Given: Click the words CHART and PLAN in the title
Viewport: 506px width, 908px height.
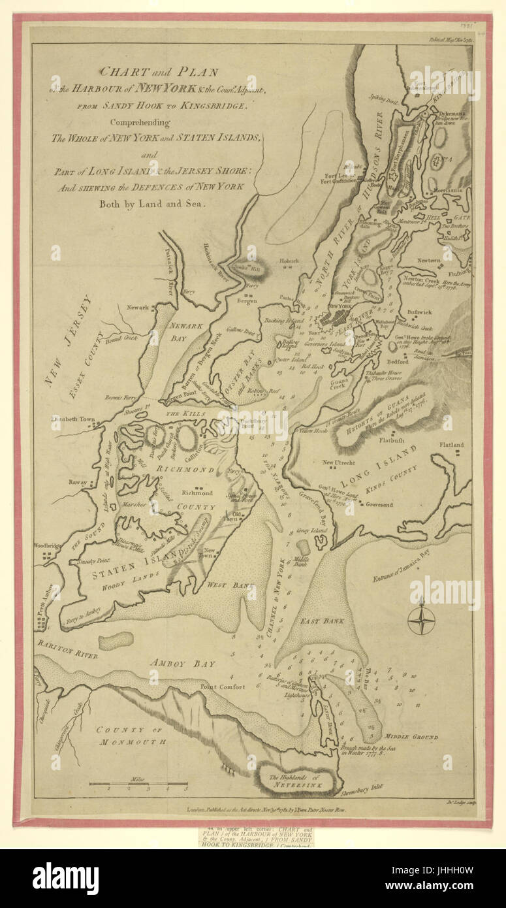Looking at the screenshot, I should click(159, 72).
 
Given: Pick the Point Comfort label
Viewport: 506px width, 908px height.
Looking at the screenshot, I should click(223, 687).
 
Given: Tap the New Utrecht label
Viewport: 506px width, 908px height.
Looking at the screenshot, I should click(338, 462).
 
